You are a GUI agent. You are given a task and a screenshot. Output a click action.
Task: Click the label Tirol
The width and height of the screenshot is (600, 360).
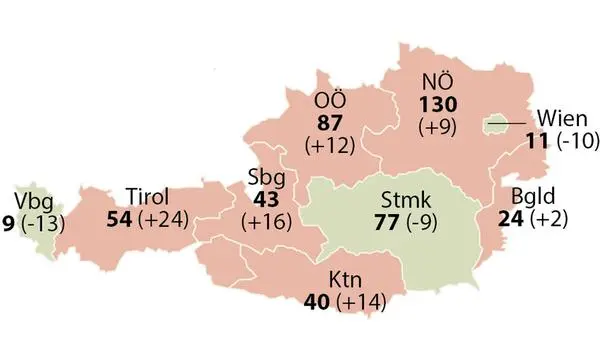coord(149,194)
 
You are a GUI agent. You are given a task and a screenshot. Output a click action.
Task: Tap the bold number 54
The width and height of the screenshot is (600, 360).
coord(120,218)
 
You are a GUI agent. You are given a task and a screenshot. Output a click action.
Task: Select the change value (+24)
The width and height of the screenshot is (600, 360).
coord(165,218)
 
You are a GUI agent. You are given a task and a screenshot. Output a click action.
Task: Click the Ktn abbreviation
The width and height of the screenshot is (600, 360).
coord(342,277)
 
